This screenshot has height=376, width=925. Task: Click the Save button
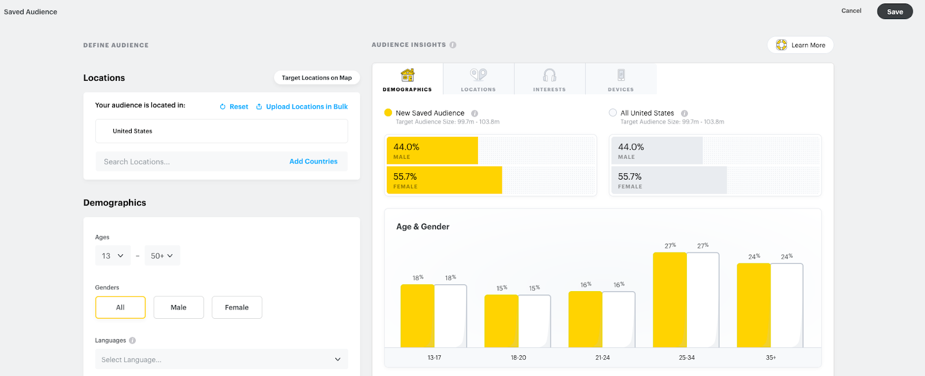tap(894, 12)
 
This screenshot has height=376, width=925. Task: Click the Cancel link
tap(851, 11)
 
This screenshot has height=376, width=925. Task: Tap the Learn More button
tap(800, 45)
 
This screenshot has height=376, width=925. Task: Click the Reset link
tap(234, 107)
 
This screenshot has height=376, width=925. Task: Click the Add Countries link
tap(313, 162)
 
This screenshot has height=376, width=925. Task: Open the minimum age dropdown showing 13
tap(113, 256)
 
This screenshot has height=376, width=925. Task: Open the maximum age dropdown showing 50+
tap(162, 256)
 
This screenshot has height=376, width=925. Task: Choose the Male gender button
tap(179, 307)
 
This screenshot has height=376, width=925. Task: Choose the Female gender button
tap(237, 307)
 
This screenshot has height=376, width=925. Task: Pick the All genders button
tap(120, 307)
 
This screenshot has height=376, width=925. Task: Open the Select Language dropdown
tap(221, 359)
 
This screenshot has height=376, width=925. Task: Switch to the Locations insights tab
tap(478, 79)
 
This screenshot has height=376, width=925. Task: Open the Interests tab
tap(549, 79)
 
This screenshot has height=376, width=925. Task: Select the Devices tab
tap(621, 79)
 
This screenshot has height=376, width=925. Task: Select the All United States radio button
tap(613, 113)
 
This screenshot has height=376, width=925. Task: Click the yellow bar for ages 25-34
tap(669, 300)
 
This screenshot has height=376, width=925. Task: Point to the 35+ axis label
tap(771, 358)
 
